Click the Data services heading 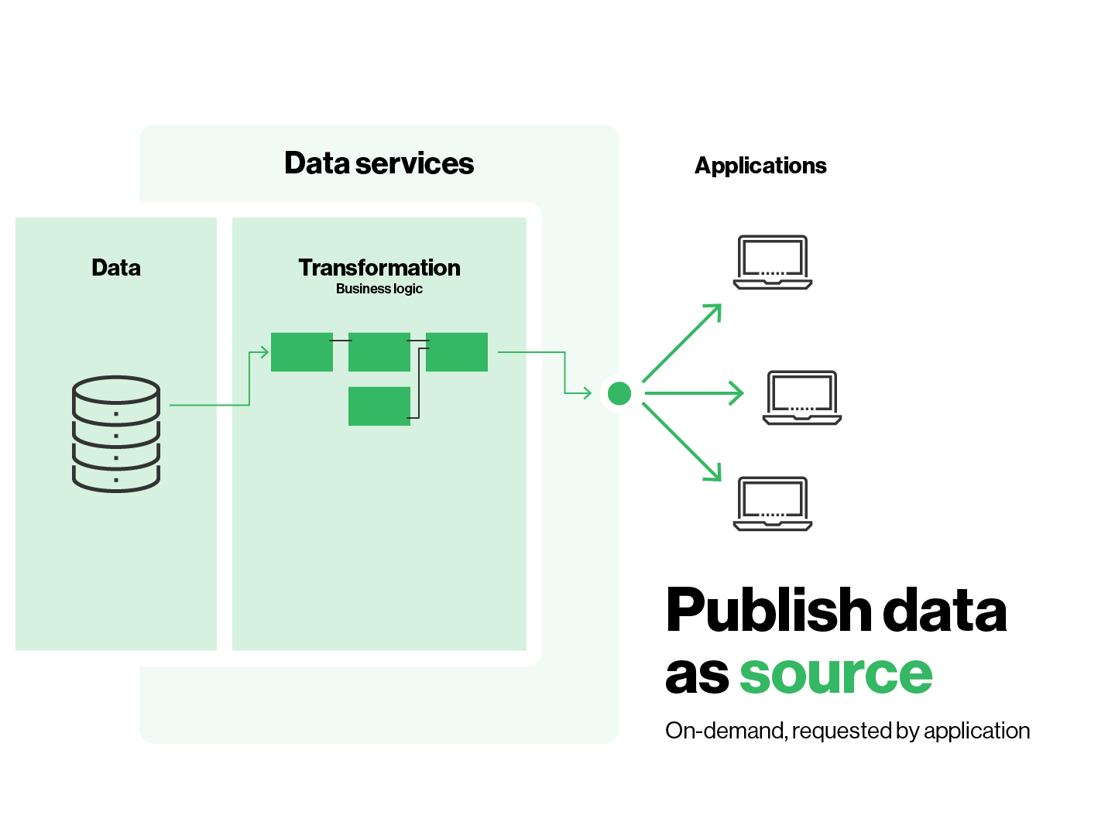(x=379, y=163)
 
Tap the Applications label (x=760, y=166)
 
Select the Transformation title (x=379, y=268)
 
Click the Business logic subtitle (x=379, y=289)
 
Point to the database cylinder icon (x=116, y=433)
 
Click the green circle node (x=619, y=393)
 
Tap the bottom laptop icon (x=773, y=504)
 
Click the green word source (x=836, y=674)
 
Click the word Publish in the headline (x=769, y=610)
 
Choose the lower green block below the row (x=379, y=406)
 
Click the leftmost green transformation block (x=301, y=352)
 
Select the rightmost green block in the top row (x=457, y=352)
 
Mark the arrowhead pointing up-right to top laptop (x=715, y=310)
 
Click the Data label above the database (x=116, y=268)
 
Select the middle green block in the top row (x=379, y=352)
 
